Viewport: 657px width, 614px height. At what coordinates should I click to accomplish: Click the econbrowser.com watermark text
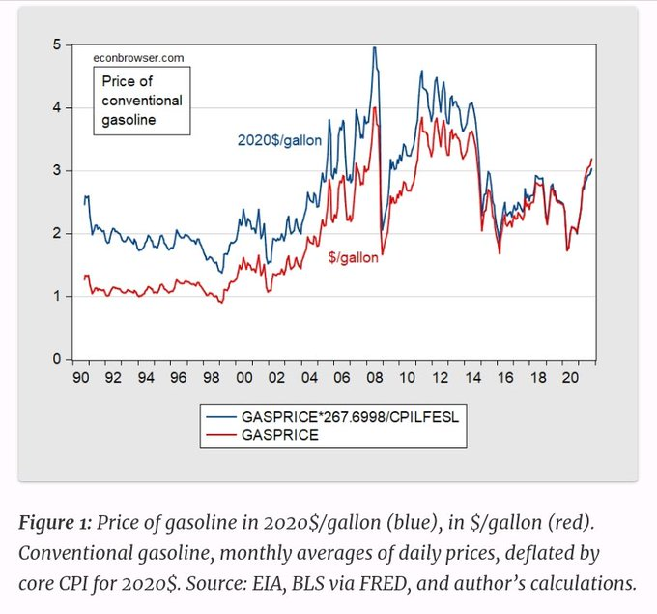point(138,58)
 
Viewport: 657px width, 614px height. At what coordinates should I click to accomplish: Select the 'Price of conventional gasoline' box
point(142,101)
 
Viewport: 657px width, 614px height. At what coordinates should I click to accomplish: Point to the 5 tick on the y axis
point(58,44)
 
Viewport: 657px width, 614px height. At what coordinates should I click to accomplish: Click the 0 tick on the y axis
point(58,360)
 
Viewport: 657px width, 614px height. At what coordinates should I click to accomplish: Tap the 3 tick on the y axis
point(58,170)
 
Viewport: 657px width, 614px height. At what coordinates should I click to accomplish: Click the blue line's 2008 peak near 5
point(374,47)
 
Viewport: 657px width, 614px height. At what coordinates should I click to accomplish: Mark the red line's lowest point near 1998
point(222,303)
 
